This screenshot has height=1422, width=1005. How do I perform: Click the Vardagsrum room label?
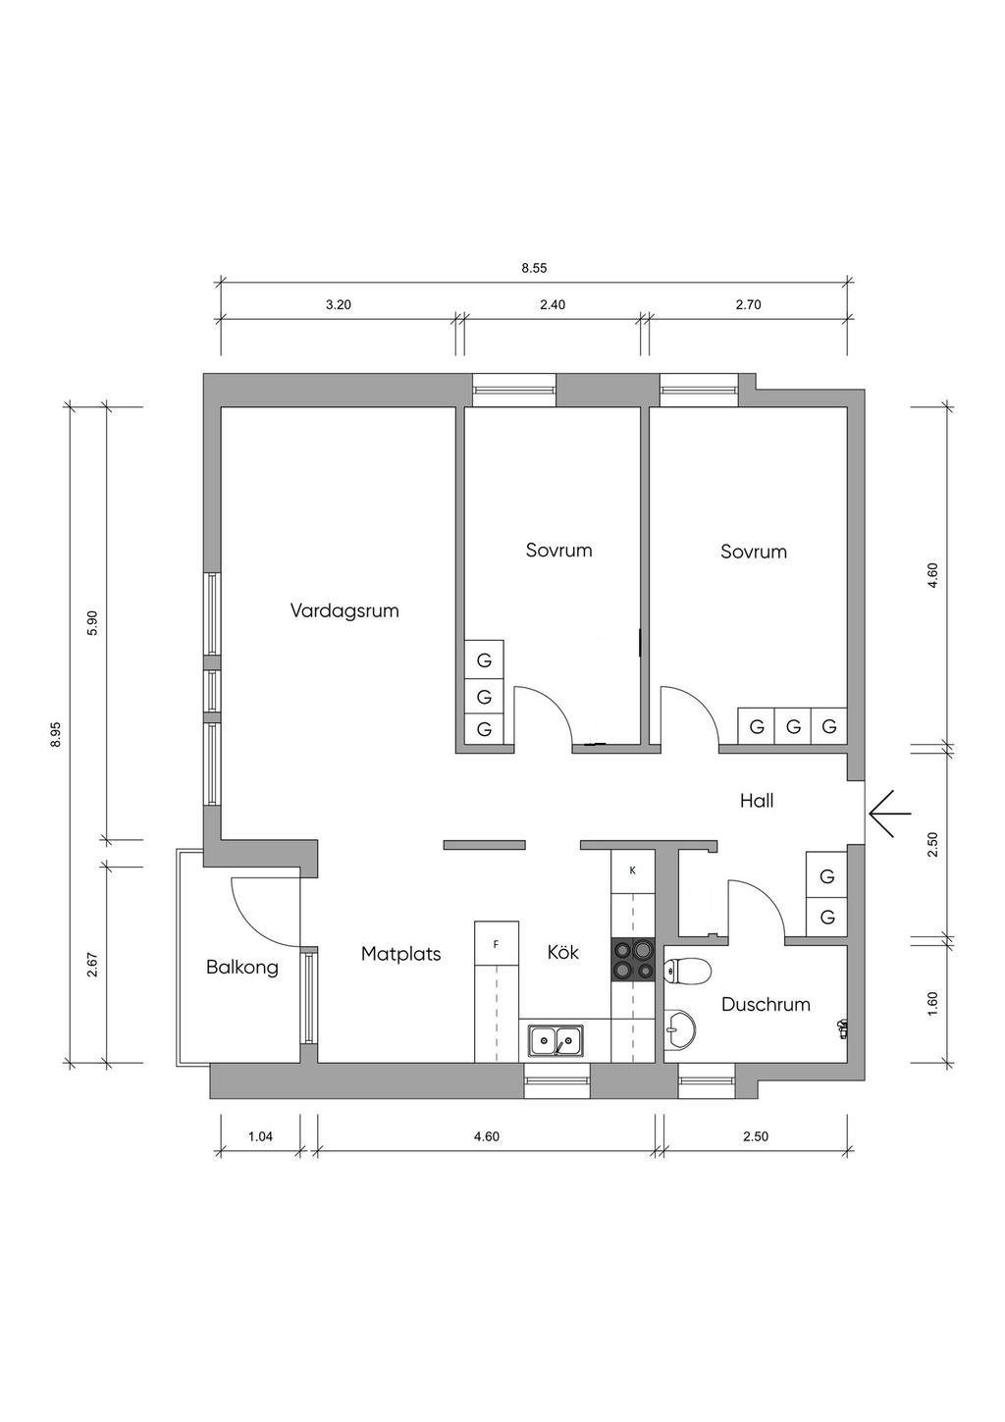(x=344, y=611)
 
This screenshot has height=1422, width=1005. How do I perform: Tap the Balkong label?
(x=242, y=968)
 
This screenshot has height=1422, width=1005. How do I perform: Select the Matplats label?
(x=400, y=954)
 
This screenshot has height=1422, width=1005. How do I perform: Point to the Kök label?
(x=563, y=952)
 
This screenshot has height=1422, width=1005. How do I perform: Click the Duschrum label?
(x=766, y=1004)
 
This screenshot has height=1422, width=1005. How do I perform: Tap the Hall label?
(x=757, y=801)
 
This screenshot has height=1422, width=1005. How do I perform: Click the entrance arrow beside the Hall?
(x=889, y=813)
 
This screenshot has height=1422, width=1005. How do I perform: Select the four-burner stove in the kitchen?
(x=633, y=959)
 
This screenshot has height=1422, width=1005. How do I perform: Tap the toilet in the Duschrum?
(x=686, y=970)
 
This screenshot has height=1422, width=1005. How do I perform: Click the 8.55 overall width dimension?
(x=534, y=269)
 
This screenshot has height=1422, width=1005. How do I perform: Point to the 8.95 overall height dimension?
(x=56, y=734)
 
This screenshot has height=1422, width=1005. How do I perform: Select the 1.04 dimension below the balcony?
(x=260, y=1135)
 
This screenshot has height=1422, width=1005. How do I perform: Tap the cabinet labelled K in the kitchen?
(x=632, y=870)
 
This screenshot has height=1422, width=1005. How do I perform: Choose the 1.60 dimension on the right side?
(x=932, y=1004)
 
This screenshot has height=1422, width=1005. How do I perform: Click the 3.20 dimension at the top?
(x=339, y=304)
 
